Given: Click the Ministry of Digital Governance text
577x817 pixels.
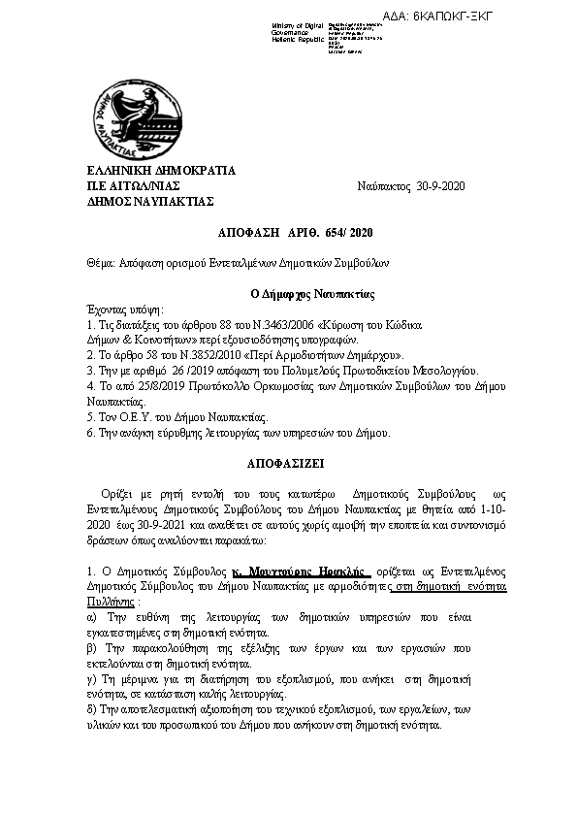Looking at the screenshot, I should click(301, 31).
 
